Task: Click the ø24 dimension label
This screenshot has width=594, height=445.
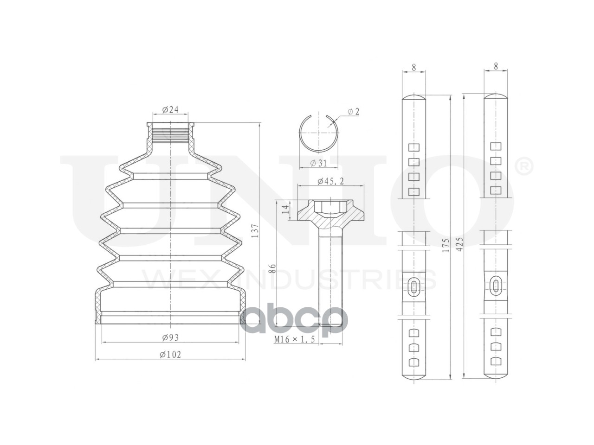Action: click(170, 110)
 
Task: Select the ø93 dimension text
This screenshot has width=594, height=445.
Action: click(170, 337)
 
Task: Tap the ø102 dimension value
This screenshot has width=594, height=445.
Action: click(170, 354)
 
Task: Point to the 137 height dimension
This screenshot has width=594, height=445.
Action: click(255, 230)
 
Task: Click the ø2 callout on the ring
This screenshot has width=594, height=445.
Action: click(353, 111)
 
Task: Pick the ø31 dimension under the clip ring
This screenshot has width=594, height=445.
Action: click(319, 163)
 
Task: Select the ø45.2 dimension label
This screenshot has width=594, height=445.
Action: click(330, 181)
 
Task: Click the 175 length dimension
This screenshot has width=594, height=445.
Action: click(445, 245)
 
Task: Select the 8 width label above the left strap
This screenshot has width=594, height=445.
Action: click(414, 67)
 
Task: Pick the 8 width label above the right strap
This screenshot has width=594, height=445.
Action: click(496, 66)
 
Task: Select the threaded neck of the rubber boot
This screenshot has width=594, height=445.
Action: click(170, 133)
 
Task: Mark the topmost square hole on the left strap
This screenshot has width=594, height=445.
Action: click(414, 147)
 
